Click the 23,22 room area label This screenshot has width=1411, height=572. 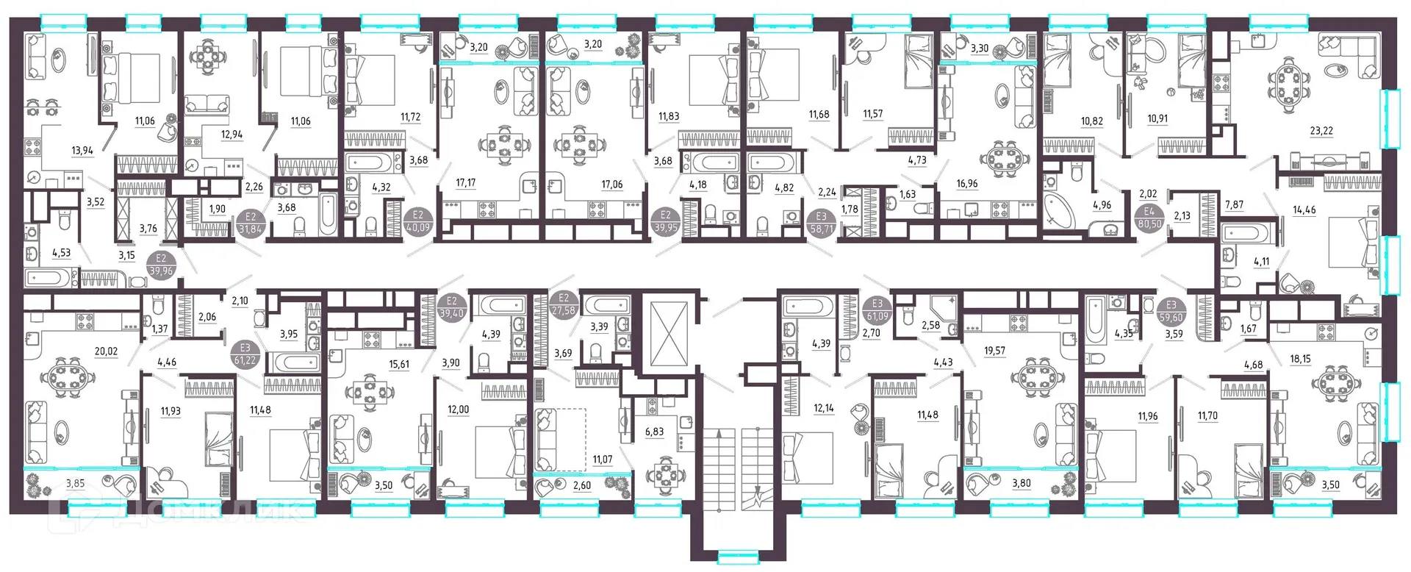(x=1321, y=131)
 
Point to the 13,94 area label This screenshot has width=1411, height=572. (x=82, y=151)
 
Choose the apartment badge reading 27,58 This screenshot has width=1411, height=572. (x=564, y=304)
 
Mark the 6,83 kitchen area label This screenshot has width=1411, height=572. (x=654, y=432)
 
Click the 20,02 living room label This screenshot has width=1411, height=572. (x=106, y=351)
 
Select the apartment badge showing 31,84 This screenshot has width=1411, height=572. (x=251, y=223)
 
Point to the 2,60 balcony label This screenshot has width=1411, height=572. (x=581, y=485)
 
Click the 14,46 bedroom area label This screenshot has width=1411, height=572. (x=1304, y=210)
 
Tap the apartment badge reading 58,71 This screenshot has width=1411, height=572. (x=821, y=223)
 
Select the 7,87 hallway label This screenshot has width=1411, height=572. (x=1234, y=204)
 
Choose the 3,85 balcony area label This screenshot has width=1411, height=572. (x=75, y=483)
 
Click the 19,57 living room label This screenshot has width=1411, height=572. (x=994, y=351)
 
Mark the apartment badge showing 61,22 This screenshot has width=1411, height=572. (x=245, y=354)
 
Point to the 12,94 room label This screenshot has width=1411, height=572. (x=231, y=135)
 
